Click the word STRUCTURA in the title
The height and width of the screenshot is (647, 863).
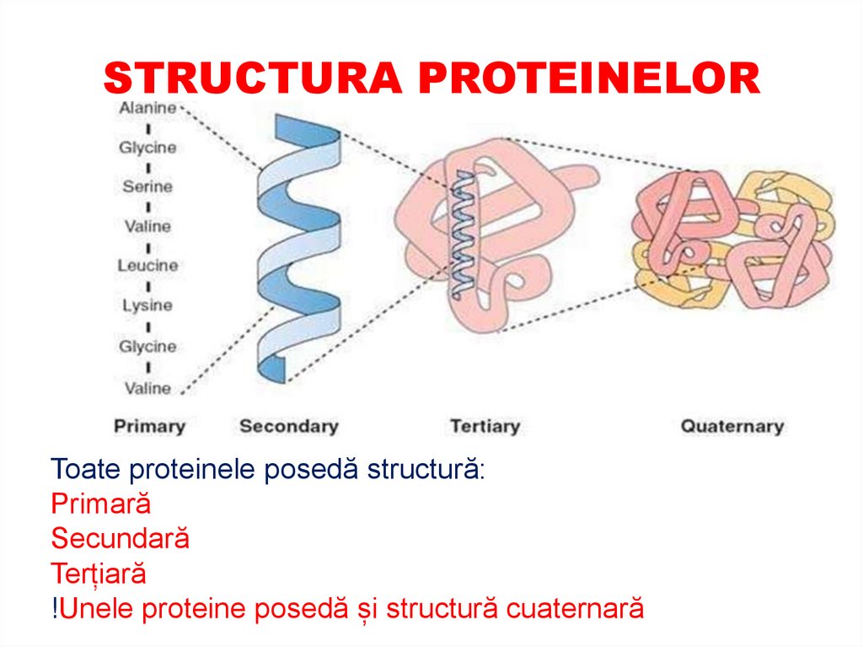tap(253, 78)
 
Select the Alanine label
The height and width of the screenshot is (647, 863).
tap(147, 108)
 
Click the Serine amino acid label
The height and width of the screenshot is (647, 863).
tap(147, 186)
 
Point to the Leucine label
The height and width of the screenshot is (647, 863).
tap(147, 265)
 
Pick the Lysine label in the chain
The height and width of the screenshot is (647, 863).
tap(147, 305)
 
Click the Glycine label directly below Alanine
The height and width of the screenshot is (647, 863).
tap(147, 148)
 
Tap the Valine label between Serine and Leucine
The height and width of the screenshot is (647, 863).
tap(147, 226)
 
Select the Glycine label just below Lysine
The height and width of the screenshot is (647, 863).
tap(147, 347)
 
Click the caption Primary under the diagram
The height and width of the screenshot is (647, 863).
tap(149, 426)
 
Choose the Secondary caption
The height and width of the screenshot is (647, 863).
tap(288, 426)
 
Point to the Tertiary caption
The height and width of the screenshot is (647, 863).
tap(485, 426)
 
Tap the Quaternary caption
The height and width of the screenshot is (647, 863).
tap(732, 426)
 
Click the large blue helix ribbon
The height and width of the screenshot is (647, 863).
tap(299, 253)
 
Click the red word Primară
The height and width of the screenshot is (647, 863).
tap(100, 504)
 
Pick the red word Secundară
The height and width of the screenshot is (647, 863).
tap(120, 538)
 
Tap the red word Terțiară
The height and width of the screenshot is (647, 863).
tap(99, 574)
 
